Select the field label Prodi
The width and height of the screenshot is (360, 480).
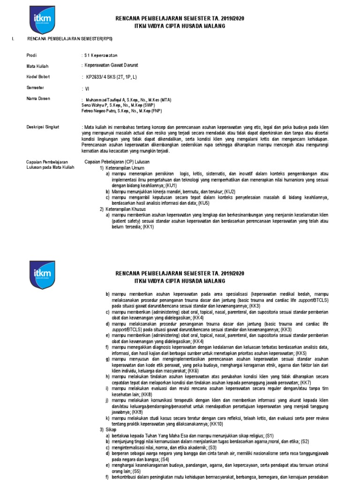[31, 56]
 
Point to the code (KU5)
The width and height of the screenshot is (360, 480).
[203, 203]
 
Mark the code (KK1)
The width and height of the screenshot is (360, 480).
[148, 226]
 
